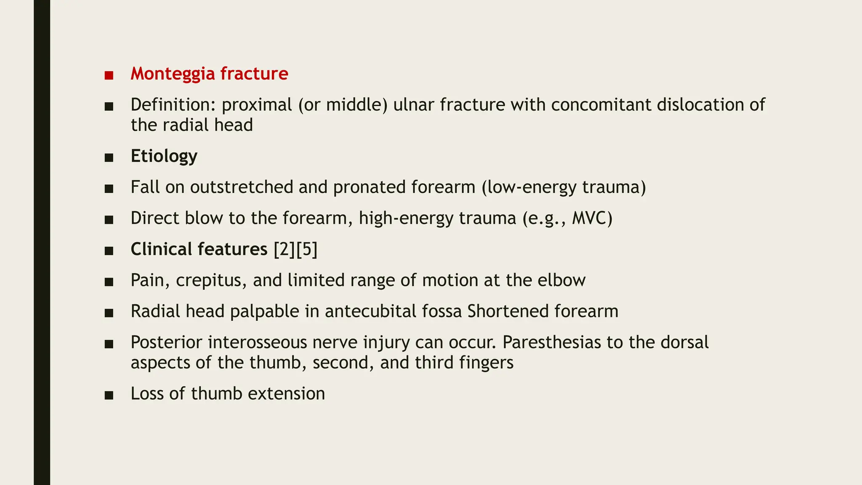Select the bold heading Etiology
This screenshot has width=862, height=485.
click(164, 156)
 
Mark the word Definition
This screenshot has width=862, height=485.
click(173, 105)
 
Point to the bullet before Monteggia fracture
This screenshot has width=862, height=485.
click(109, 75)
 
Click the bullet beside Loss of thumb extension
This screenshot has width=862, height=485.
click(109, 395)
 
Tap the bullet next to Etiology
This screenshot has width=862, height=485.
click(109, 158)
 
